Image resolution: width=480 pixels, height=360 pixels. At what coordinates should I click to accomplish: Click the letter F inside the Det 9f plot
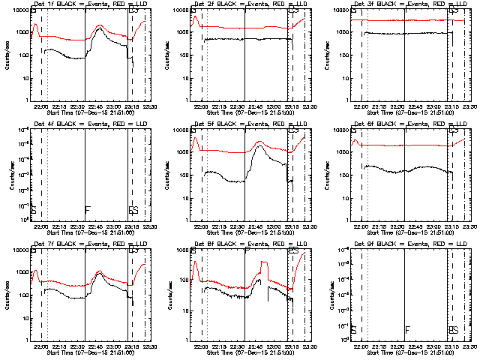(x=407, y=330)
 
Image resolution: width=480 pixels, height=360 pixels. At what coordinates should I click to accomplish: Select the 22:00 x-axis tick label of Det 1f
(x=41, y=105)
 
